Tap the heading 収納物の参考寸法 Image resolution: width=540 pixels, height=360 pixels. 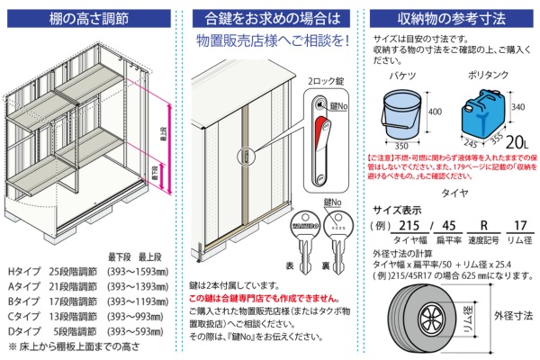450,18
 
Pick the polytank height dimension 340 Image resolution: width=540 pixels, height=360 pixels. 520,106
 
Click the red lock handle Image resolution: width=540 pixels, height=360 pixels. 320,135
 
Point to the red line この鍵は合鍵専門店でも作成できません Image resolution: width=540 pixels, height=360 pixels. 265,297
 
